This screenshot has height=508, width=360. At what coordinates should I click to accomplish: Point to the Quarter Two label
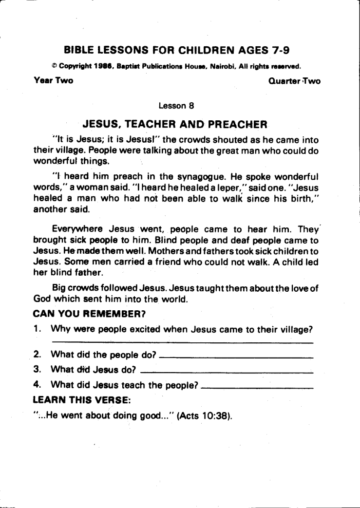tap(294, 81)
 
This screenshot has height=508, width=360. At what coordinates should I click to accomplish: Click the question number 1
tap(37, 329)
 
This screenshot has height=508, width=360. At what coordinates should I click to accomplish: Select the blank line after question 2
tap(236, 358)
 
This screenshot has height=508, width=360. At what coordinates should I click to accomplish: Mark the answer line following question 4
tap(257, 388)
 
